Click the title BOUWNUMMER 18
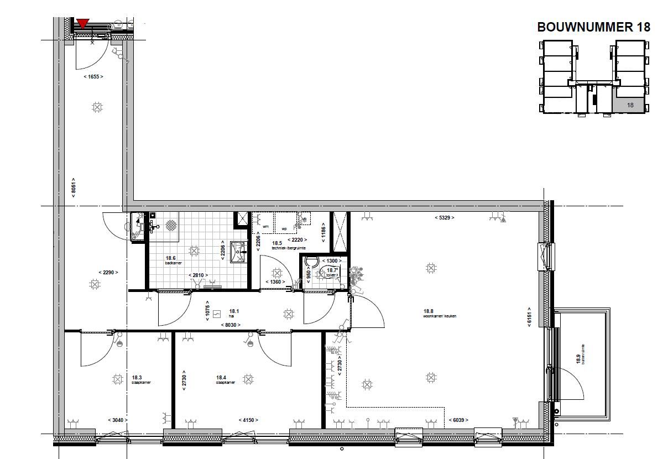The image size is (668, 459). coord(593,27)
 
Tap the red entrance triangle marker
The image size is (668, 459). coord(83,23)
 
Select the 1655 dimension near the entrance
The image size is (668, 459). coord(93,77)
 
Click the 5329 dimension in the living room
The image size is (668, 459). coord(444,218)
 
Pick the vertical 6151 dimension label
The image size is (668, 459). coord(529,317)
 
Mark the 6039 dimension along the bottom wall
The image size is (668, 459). coord(458,420)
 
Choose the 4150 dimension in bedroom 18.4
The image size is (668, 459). coord(248,420)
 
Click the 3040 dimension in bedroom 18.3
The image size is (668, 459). coord(118,420)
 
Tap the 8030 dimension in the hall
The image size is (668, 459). coord(231,325)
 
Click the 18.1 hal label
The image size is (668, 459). coord(233,313)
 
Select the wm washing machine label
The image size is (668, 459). coord(265,227)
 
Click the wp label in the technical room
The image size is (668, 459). coord(284,227)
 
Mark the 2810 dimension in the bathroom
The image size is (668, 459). coord(197,275)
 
